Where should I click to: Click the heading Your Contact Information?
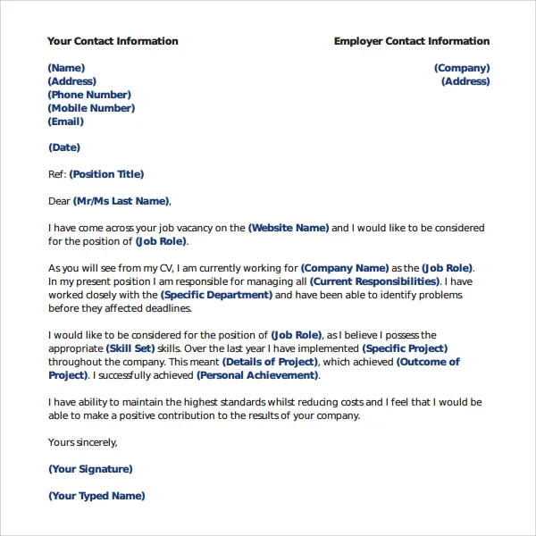(x=113, y=41)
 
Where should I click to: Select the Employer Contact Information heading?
(x=412, y=41)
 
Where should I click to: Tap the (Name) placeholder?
(x=66, y=68)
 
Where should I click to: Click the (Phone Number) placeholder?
(x=89, y=95)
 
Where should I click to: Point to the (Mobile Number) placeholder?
(x=91, y=108)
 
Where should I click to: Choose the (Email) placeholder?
(x=66, y=121)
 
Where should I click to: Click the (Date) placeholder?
(x=64, y=147)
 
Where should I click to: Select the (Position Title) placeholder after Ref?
(x=106, y=174)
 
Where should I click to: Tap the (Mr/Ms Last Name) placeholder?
(x=121, y=201)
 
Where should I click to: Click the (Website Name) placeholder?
(x=289, y=228)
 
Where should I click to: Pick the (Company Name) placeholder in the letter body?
(x=345, y=268)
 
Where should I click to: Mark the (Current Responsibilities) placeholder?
(x=374, y=281)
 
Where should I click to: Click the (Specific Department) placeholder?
(x=216, y=295)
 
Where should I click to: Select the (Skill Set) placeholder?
(x=130, y=348)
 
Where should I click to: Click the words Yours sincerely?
(x=83, y=442)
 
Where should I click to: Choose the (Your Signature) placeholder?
(x=90, y=469)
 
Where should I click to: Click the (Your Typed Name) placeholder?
(x=96, y=496)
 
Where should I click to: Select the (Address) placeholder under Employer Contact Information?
(x=465, y=81)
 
